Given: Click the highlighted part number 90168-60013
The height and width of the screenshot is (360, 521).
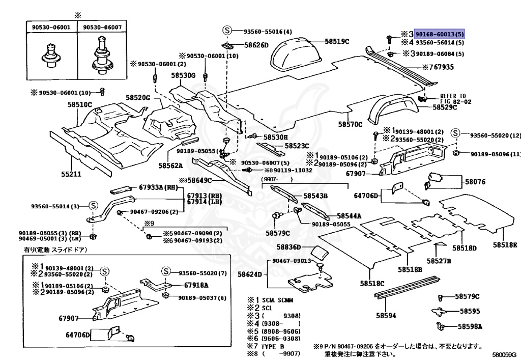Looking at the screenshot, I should (x=440, y=34).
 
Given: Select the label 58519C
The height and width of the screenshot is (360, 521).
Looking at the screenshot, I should (x=337, y=41).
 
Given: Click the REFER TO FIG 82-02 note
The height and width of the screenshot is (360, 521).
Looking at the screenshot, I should (x=453, y=99).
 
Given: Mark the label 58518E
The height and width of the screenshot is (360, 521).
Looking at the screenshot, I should (x=505, y=245).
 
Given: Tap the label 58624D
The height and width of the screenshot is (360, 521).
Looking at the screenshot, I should (x=249, y=274).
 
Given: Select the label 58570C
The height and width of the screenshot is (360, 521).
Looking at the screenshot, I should (x=350, y=124).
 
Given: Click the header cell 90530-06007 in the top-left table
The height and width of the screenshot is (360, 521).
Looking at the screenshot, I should (x=102, y=27).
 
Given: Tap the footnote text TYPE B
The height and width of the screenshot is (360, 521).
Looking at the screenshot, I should (x=272, y=346).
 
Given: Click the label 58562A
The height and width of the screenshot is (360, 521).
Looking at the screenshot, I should (x=170, y=165).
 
